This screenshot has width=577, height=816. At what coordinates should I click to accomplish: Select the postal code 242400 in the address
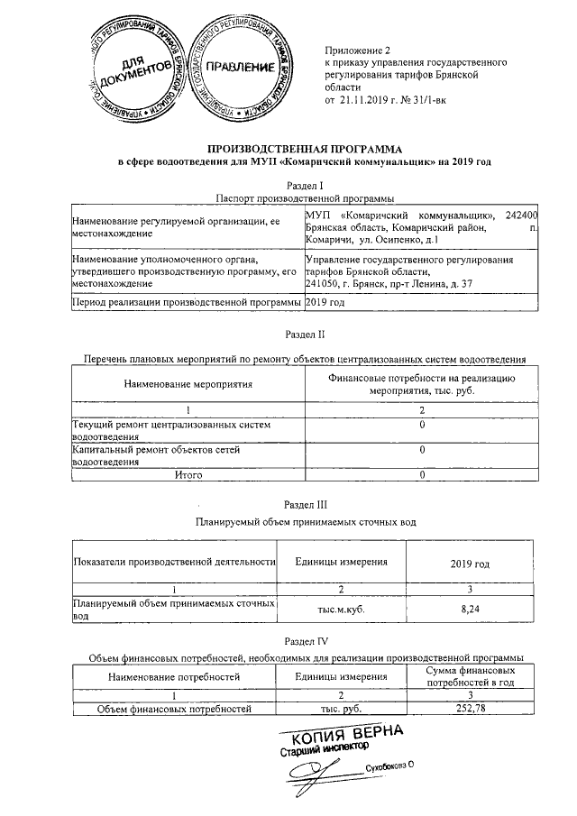point(522,215)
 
